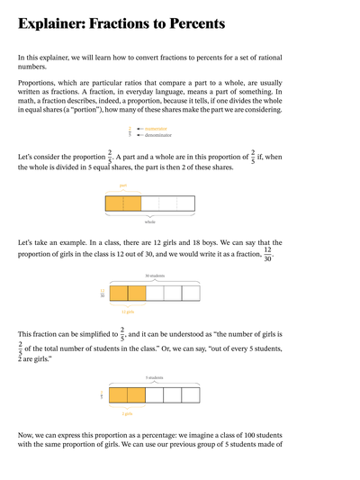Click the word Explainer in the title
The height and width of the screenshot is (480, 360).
coord(55,23)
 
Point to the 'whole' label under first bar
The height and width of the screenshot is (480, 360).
coord(150,221)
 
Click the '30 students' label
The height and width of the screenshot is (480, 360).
coord(154,276)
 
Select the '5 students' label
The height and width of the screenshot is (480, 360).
coord(154,378)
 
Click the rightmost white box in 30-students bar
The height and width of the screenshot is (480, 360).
coord(191,293)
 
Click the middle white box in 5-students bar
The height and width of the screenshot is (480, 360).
coord(172,395)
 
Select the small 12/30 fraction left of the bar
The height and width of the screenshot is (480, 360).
coord(103,293)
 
